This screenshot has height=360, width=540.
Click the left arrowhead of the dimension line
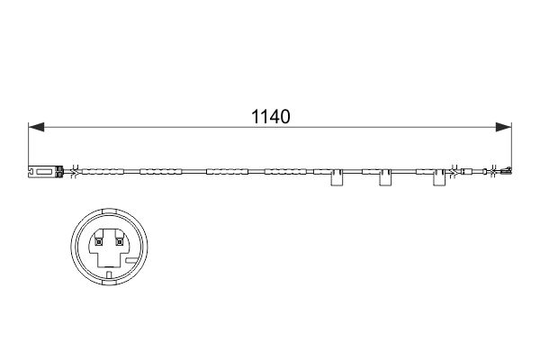coord(36,128)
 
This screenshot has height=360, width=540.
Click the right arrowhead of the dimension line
coord(503,128)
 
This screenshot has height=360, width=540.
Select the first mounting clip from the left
coord(337,179)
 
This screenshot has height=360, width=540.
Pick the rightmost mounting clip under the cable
coord(439,179)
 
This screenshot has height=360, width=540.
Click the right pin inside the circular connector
coord(118,240)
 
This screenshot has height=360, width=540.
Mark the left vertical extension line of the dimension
coord(29,144)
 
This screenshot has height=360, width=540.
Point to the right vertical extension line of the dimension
coord(510,144)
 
